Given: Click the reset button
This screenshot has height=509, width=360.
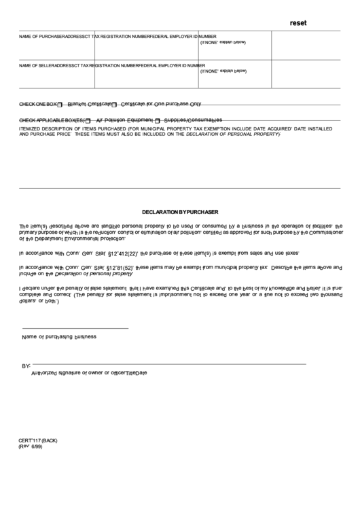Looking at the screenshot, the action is pos(298,23).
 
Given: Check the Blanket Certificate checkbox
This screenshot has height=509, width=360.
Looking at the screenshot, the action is pos(60,105).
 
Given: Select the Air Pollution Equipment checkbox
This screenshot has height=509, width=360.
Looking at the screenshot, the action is pos(88,120).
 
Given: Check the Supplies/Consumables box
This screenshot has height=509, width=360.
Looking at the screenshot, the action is pos(157,120).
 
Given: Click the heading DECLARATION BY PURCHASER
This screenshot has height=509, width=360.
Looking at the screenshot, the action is pos(179,212).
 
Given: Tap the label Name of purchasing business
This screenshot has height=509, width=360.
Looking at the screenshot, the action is pos(59,336).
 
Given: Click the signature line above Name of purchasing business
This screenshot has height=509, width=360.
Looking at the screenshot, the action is pos(75,329).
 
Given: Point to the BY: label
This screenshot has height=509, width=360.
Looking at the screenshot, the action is pos(26,366).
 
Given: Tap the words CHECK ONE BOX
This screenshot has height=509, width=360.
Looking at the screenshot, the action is pos(37,105).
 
